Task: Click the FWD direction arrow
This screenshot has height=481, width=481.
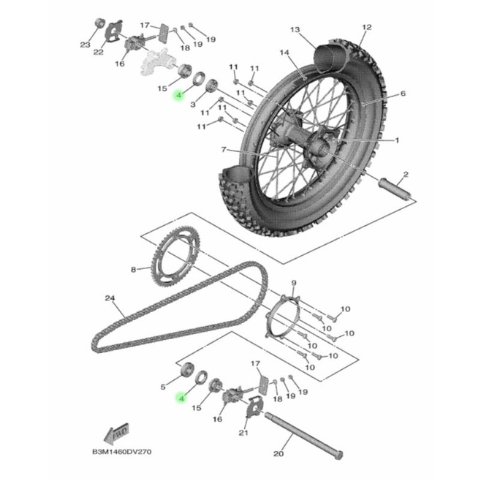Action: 116,433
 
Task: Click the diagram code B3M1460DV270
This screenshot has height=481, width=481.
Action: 122,452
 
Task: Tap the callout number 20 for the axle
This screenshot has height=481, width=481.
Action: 279,453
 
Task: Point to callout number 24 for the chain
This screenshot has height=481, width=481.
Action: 110,298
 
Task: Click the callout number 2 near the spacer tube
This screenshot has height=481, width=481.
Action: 406,175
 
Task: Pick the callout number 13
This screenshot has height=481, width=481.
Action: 295,29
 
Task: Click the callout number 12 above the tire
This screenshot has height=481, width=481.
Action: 367,27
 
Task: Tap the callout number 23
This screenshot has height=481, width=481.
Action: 85,45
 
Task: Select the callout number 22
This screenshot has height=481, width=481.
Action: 98,52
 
